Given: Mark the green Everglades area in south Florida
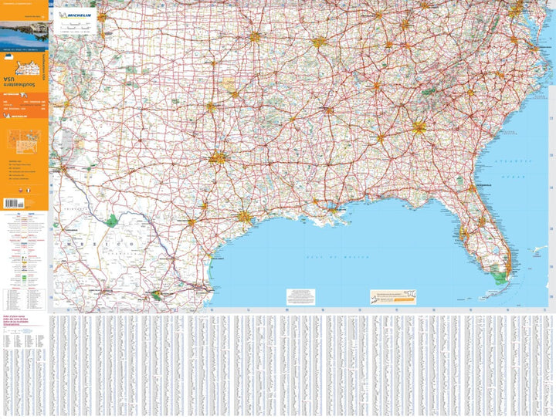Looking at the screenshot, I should [x=503, y=270].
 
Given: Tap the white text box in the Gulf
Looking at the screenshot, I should [x=300, y=296].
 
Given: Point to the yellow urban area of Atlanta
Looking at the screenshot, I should [x=419, y=127].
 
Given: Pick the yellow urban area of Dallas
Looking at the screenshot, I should [x=219, y=158].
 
